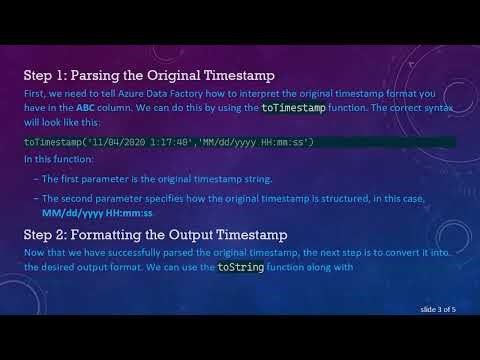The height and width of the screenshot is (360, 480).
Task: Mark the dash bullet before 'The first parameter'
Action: (x=36, y=179)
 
